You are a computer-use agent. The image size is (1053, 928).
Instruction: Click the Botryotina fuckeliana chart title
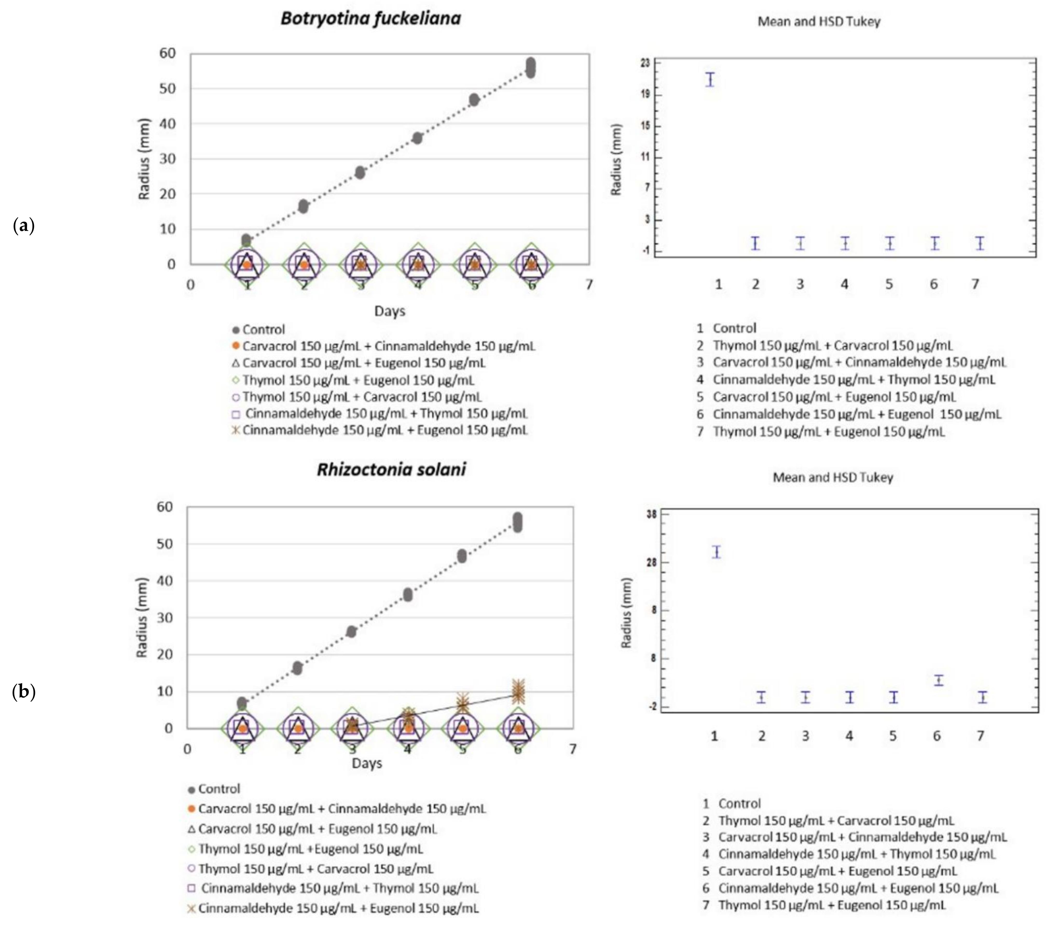point(370,18)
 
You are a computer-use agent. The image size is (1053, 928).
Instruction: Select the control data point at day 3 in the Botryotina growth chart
point(360,173)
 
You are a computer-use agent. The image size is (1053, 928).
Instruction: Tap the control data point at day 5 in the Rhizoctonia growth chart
point(462,556)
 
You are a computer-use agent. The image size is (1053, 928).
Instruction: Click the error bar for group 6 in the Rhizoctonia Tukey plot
point(939,680)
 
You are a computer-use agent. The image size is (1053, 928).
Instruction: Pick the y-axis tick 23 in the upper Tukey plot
point(644,63)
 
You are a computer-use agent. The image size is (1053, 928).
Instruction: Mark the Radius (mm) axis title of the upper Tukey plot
point(616,160)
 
